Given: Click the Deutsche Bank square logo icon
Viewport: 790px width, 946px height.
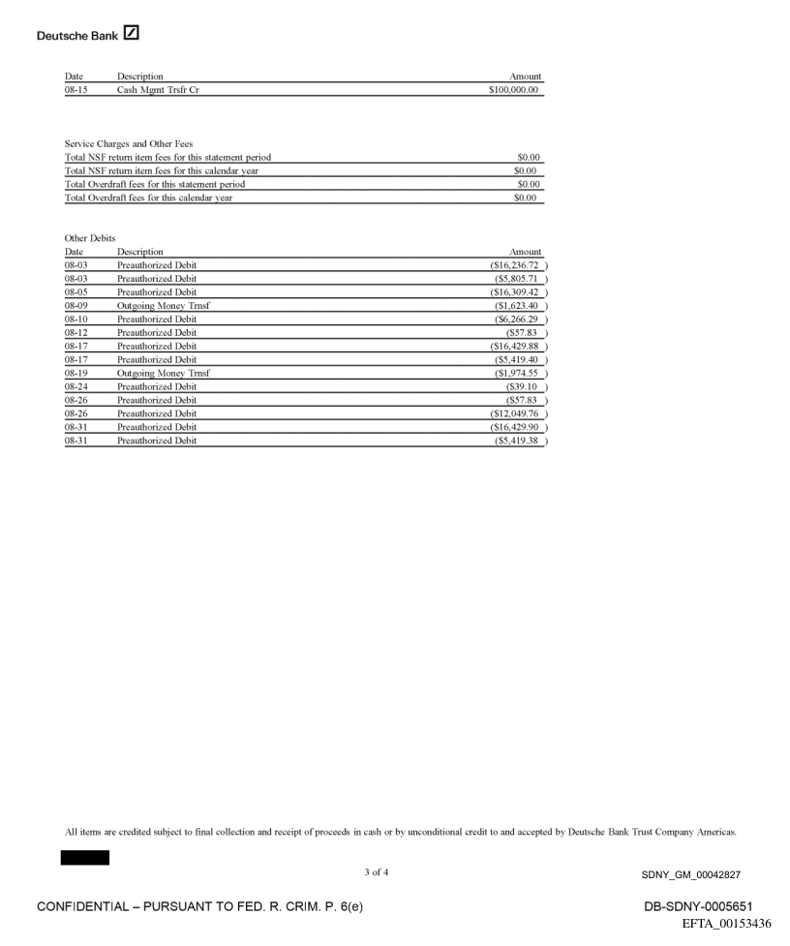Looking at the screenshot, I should [x=132, y=35].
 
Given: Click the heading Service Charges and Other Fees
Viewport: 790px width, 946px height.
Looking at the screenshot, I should [x=122, y=144].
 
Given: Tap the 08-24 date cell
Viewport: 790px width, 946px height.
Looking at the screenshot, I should [x=76, y=386].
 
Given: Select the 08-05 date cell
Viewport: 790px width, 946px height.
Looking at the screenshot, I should [x=76, y=291].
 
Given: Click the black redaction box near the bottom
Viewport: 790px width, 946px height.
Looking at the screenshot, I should [x=85, y=858].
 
